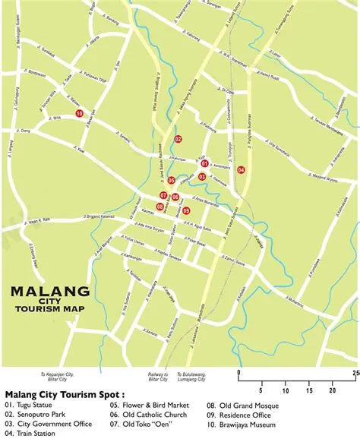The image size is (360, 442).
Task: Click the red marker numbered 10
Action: coord(79,114)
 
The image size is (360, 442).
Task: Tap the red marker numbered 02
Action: coord(178,139)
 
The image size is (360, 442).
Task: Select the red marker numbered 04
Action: coord(241,170)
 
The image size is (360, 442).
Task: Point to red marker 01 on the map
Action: coord(204,163)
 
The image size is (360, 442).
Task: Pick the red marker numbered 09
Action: coord(186,211)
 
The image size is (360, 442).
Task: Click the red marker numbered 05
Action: coord(172,181)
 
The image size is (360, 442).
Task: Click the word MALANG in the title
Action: coord(50,292)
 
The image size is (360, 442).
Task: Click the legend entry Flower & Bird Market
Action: coord(145,405)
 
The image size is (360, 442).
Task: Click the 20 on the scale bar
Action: coord(331,390)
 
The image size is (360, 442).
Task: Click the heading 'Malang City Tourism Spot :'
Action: coord(58,395)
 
